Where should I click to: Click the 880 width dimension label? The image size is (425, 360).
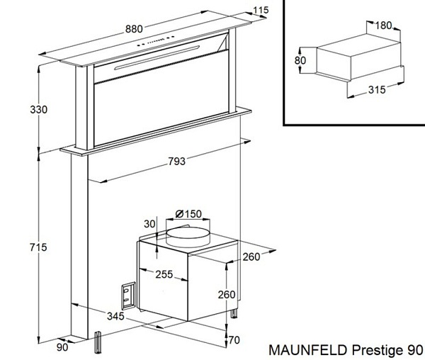[x=134, y=29]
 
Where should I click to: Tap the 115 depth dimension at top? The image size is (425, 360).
[x=261, y=10]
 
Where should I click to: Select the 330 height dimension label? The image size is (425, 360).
[x=38, y=110]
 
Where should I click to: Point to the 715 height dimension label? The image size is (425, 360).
[x=38, y=247]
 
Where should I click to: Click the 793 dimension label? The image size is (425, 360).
[x=176, y=162]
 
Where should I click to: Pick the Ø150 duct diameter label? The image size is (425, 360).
[x=188, y=214]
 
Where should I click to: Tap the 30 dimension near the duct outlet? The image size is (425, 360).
[x=149, y=224]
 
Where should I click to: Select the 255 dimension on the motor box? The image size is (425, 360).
[x=164, y=275]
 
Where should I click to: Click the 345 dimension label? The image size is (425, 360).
[x=115, y=316]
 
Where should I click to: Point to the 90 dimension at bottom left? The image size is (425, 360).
[x=62, y=347]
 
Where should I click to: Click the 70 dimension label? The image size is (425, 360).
[x=234, y=340]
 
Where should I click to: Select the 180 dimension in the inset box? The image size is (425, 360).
[x=383, y=26]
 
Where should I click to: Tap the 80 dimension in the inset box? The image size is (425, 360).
[x=300, y=60]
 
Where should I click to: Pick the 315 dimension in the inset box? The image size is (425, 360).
[x=377, y=90]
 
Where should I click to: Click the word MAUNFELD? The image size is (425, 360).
[x=309, y=350]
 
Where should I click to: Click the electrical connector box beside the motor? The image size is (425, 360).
[x=128, y=296]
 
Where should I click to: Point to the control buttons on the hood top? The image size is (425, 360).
[x=156, y=41]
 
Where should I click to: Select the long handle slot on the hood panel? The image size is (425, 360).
[x=157, y=57]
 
